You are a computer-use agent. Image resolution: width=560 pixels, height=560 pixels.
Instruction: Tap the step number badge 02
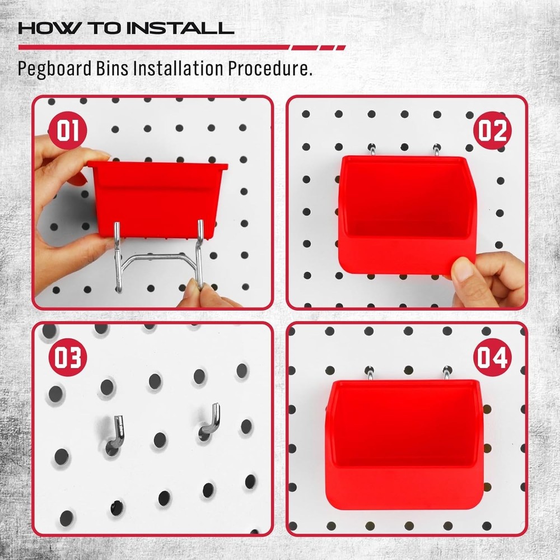coord(492,131)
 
